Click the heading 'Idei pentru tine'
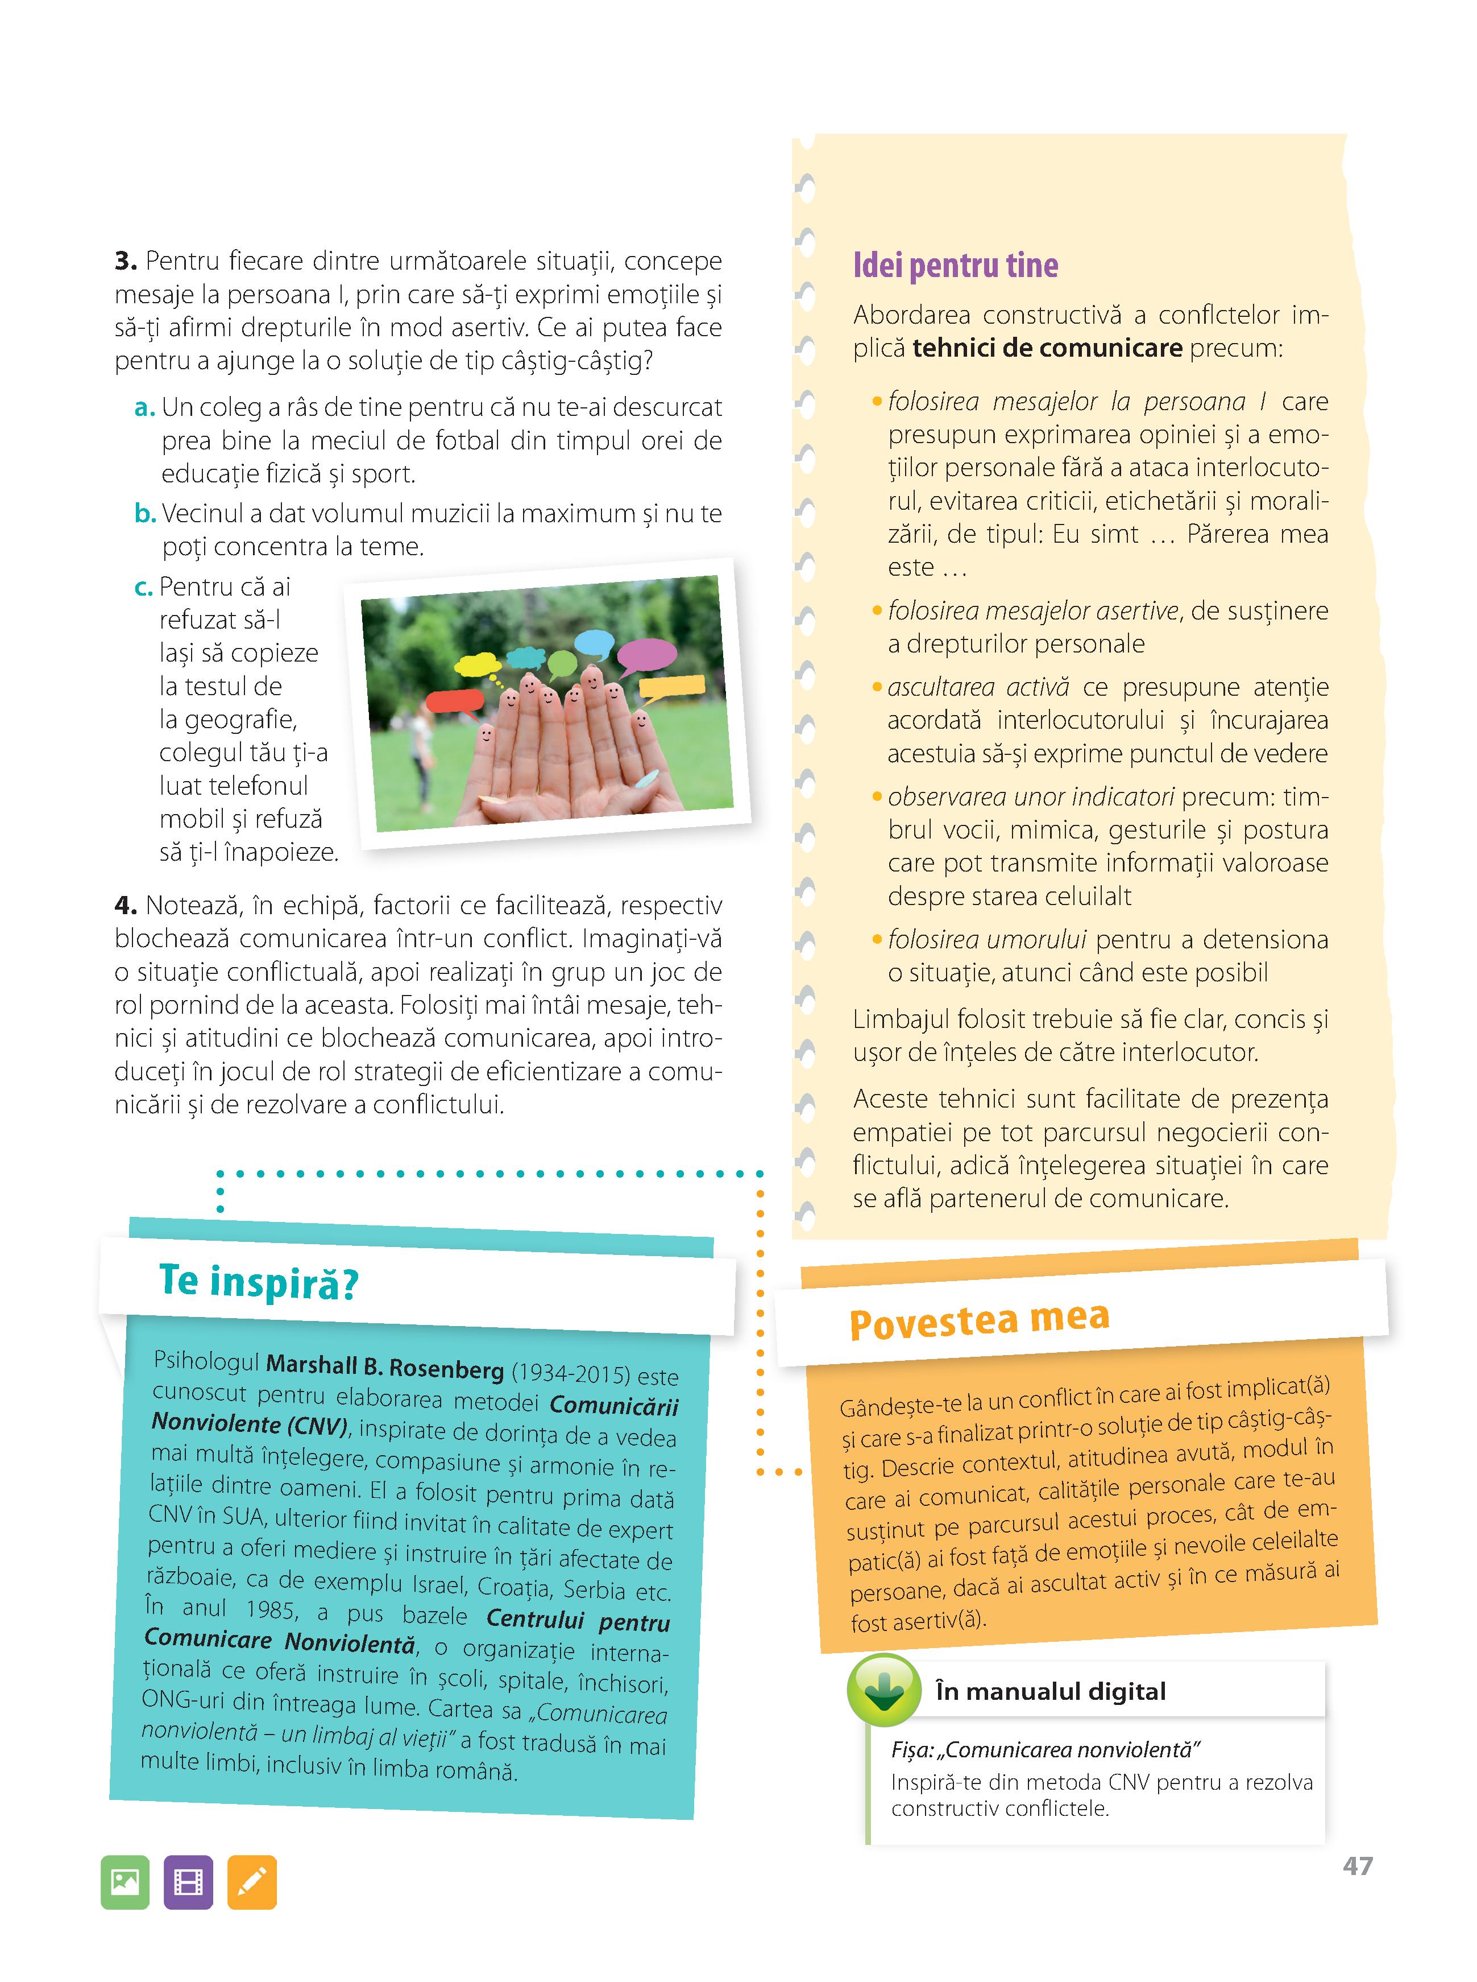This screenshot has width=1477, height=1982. tap(955, 266)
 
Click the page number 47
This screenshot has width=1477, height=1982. tap(1356, 1867)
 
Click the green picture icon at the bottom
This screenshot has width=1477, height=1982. tap(125, 1882)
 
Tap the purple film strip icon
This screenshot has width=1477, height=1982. tap(189, 1882)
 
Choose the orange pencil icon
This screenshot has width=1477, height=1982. tap(252, 1882)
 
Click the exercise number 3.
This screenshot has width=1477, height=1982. tap(125, 261)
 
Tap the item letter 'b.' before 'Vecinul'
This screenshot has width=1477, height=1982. tap(145, 513)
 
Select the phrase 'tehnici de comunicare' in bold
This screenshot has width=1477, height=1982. tap(1047, 348)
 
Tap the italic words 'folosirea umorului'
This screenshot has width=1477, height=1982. tap(986, 939)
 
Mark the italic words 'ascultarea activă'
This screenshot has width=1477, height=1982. tap(977, 687)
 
